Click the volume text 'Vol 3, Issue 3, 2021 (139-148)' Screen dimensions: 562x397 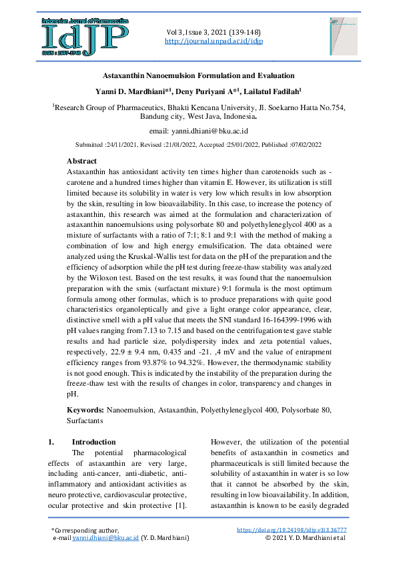pos(213,32)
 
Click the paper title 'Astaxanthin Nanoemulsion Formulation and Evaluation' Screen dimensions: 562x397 pos(198,77)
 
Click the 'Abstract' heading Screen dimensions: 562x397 pos(81,162)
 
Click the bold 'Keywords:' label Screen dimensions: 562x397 pos(85,409)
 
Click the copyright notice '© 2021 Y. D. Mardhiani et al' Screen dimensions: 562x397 pos(305,537)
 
